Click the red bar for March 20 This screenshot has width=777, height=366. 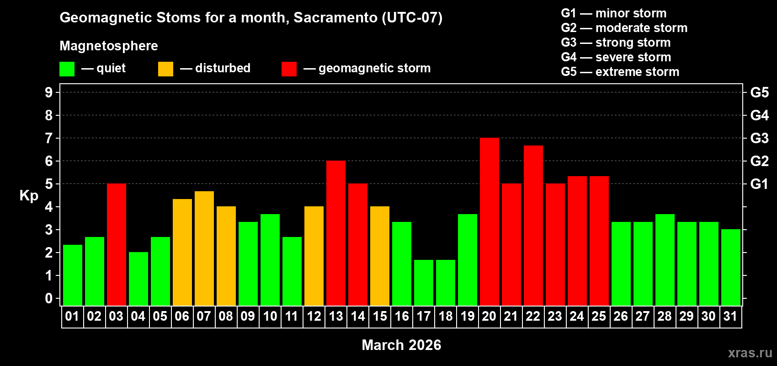[490, 222]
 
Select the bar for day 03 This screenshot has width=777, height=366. [117, 245]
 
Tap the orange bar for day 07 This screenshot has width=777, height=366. [204, 248]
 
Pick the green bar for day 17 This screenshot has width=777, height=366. [424, 283]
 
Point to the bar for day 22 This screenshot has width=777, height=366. [533, 226]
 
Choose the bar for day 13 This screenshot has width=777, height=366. [336, 233]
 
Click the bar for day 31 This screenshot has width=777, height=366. [731, 268]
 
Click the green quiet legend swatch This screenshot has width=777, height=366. [67, 69]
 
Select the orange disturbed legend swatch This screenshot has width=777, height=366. [165, 69]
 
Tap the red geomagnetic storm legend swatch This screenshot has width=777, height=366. [289, 69]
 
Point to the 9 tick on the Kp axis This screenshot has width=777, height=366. [49, 92]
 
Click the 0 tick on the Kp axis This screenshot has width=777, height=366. [49, 298]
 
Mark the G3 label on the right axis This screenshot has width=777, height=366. [759, 138]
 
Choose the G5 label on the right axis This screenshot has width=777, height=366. [759, 92]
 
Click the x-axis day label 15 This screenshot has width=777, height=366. [380, 316]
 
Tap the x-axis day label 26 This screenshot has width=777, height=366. [621, 316]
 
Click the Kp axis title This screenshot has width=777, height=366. [29, 195]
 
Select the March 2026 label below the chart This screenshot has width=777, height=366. [401, 345]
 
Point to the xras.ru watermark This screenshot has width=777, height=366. [750, 353]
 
